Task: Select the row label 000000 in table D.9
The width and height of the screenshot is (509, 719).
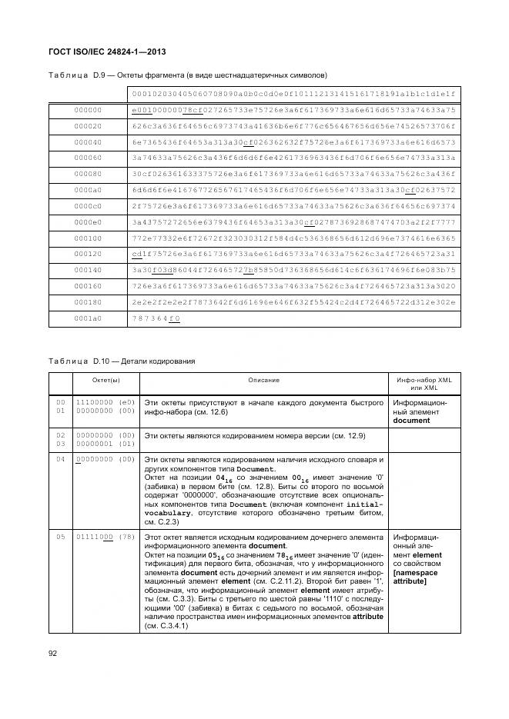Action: pos(88,111)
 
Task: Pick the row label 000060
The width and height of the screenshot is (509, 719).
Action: pos(88,158)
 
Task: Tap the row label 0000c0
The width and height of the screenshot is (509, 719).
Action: pos(88,206)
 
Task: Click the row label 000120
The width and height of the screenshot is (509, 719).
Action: pos(88,254)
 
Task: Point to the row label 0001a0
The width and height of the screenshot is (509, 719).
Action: pos(88,318)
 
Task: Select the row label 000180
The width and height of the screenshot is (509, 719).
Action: pos(88,302)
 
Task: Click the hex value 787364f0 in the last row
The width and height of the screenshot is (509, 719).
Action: pos(156,318)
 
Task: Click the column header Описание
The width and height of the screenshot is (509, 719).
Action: pos(263,380)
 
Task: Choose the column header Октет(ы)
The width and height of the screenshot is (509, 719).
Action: pos(104,380)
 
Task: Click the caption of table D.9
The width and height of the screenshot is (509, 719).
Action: pos(188,75)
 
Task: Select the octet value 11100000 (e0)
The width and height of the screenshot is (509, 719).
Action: pos(104,402)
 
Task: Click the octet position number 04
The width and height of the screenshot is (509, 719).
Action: pos(60,459)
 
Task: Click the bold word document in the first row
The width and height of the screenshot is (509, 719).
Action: pos(410,421)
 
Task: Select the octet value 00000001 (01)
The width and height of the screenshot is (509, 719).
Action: pos(104,444)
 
